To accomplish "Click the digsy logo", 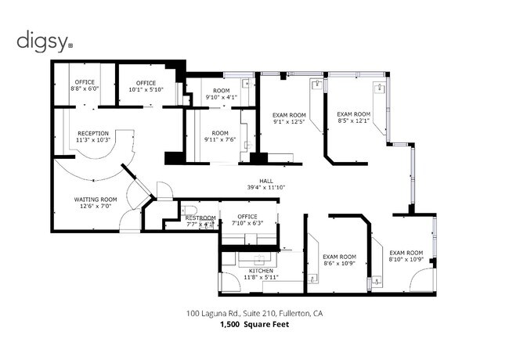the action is [45, 41].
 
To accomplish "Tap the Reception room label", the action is [93, 133].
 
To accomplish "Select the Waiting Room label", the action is [96, 200].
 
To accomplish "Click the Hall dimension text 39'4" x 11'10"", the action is [266, 187].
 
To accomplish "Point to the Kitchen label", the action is [261, 271].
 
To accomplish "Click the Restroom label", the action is [200, 218].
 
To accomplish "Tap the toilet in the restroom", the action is [187, 210].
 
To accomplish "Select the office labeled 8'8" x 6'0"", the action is [85, 85].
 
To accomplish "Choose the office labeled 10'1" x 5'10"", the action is [146, 86].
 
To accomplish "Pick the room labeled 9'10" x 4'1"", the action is [222, 94].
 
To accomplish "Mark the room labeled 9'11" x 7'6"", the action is [220, 136].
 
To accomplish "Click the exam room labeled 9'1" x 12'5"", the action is [289, 118].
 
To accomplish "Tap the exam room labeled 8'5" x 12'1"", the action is [353, 117].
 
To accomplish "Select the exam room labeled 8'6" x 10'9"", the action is [340, 260].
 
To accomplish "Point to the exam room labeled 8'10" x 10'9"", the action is [406, 256].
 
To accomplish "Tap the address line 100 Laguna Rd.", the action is [254, 313].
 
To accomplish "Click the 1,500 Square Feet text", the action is [254, 324].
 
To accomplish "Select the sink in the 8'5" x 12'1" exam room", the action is [379, 88].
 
